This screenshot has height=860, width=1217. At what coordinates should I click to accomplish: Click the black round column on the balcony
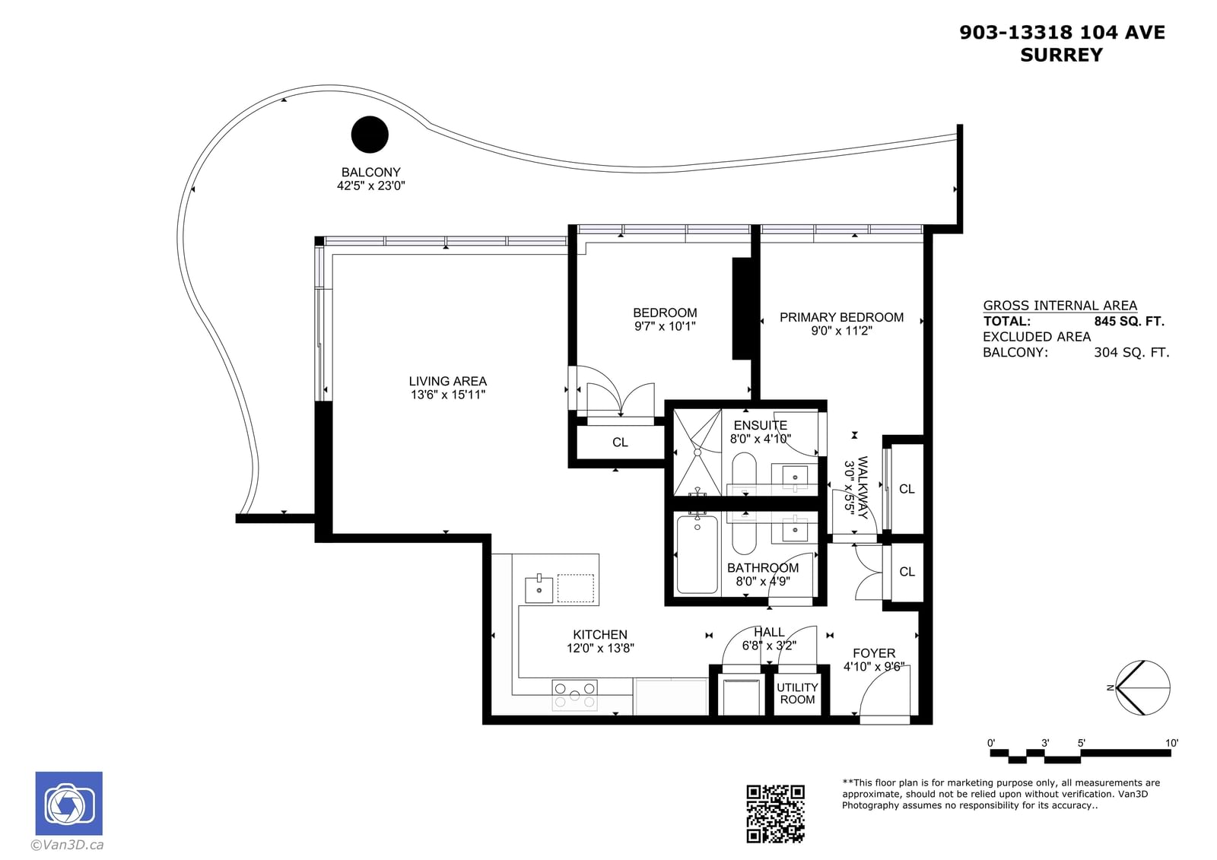[x=370, y=134]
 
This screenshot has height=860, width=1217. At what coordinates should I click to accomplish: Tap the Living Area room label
[x=448, y=382]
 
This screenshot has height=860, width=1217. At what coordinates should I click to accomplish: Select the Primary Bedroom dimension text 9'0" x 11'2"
[x=841, y=330]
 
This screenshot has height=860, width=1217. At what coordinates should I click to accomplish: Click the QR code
[x=775, y=814]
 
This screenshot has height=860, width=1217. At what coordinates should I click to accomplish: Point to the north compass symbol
[x=1142, y=688]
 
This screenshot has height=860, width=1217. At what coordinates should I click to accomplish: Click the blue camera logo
[x=69, y=803]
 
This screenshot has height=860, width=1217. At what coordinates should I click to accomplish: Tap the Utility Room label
[x=797, y=693]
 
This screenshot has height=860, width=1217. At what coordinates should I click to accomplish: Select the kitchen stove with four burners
[x=574, y=696]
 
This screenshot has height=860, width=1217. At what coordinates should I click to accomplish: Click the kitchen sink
[x=539, y=589]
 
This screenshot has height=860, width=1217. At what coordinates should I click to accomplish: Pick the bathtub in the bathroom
[x=697, y=554]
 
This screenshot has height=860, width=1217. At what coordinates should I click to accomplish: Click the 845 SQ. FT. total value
[x=1129, y=322]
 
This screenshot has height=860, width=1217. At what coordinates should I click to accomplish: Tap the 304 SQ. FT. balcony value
[x=1131, y=353]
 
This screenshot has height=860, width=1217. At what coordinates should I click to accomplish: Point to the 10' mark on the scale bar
[x=1171, y=743]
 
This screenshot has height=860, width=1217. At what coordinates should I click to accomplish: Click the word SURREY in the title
[x=1061, y=55]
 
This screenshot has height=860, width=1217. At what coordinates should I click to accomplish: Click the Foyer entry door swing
[x=885, y=696]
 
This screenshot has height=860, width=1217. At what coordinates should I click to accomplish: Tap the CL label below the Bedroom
[x=620, y=443]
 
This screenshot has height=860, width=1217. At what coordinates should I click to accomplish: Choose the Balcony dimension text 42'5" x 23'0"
[x=371, y=186]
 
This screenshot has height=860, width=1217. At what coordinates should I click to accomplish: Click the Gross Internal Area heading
[x=1060, y=306]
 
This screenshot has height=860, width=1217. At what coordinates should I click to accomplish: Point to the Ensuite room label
[x=760, y=425]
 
